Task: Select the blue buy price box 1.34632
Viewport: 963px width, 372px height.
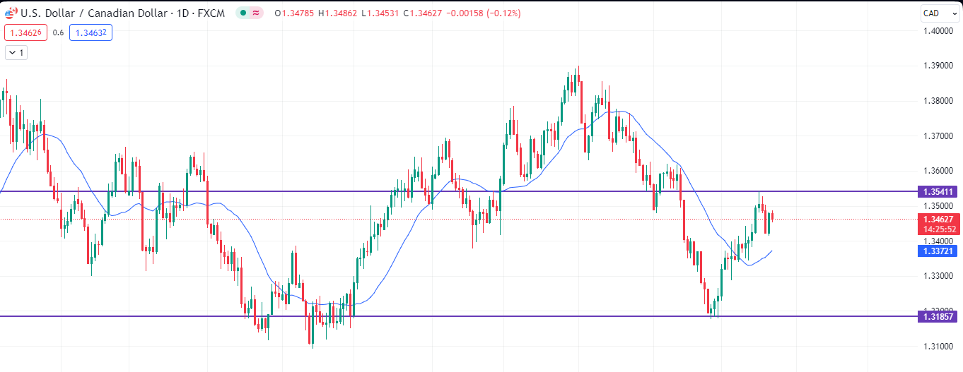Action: coord(91,32)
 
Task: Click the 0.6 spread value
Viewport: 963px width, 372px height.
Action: coord(58,32)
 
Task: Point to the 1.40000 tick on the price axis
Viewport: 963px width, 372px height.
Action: coord(938,30)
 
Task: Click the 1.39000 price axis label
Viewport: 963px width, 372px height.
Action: coord(938,66)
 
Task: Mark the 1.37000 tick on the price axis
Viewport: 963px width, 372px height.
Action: coord(938,136)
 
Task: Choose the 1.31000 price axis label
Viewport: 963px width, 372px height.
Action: coord(938,346)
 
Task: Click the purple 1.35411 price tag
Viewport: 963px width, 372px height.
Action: coord(938,191)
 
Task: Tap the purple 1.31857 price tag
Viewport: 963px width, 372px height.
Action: coord(938,316)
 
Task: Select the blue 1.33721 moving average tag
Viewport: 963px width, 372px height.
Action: coord(938,251)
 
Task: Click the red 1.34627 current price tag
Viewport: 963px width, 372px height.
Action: coord(938,219)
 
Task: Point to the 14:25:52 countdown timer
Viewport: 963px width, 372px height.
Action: coord(938,229)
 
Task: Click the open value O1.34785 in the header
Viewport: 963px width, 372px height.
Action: coord(296,13)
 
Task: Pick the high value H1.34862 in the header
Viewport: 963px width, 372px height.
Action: coord(339,13)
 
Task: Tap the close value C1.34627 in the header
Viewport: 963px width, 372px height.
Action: coord(426,13)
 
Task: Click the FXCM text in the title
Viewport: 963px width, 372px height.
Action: coord(214,13)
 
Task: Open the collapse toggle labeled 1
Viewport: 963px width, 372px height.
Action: coord(16,52)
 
